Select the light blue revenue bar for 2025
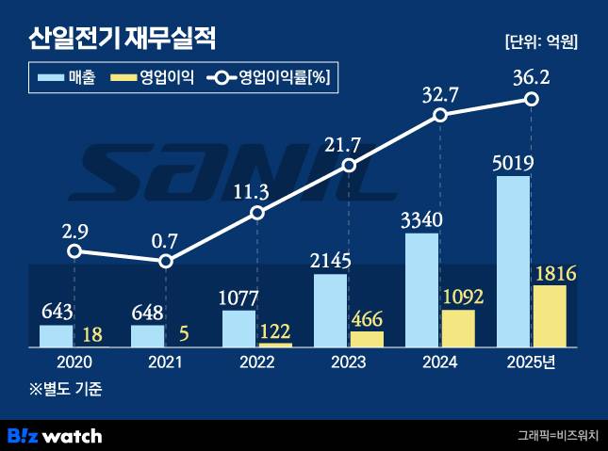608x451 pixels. (x=513, y=261)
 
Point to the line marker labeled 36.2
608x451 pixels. (x=532, y=99)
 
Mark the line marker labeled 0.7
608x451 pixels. (x=166, y=261)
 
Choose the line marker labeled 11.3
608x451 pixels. (x=257, y=214)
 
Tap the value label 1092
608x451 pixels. (x=462, y=298)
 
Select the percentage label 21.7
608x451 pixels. (x=350, y=144)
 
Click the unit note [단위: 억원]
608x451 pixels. (x=541, y=42)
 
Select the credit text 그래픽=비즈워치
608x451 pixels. (x=556, y=435)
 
